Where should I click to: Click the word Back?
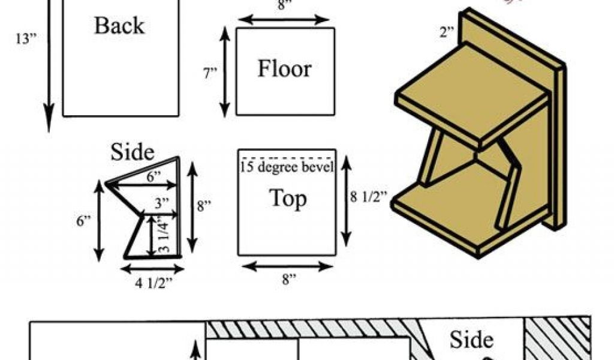pos(119,26)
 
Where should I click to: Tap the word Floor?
pos(284,69)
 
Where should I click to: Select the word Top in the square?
pos(287,199)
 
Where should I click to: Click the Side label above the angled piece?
pos(133,152)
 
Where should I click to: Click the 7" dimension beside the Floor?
pos(210,73)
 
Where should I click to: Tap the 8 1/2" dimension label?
pos(367,196)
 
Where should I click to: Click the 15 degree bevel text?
pos(287,166)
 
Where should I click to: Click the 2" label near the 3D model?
pos(447,32)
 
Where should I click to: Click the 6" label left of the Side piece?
pos(83,221)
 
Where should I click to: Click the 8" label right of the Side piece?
pos(204,206)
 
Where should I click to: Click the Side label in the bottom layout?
pos(471,340)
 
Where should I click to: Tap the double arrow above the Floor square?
pos(285,19)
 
